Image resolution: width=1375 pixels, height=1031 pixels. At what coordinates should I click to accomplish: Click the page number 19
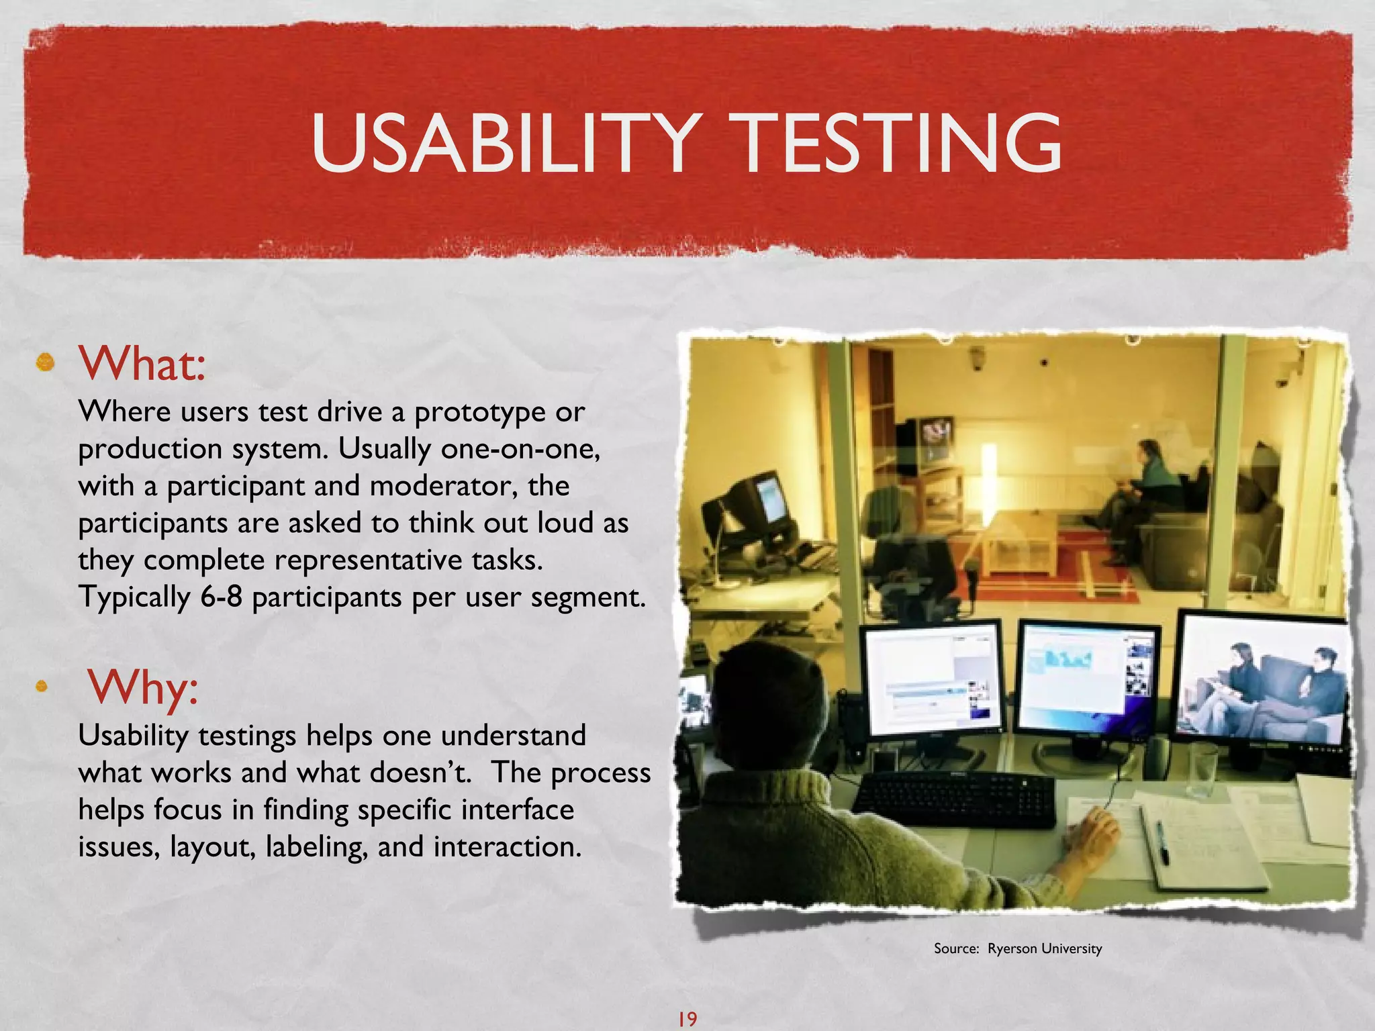click(x=687, y=1018)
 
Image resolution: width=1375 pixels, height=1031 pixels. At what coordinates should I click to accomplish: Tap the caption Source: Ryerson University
click(x=1017, y=948)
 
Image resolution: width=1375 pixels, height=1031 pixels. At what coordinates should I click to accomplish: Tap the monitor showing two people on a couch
click(x=1262, y=681)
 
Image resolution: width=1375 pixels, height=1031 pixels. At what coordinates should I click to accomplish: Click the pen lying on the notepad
click(x=1162, y=843)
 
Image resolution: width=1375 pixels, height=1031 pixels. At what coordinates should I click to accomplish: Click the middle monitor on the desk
click(x=1088, y=678)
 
